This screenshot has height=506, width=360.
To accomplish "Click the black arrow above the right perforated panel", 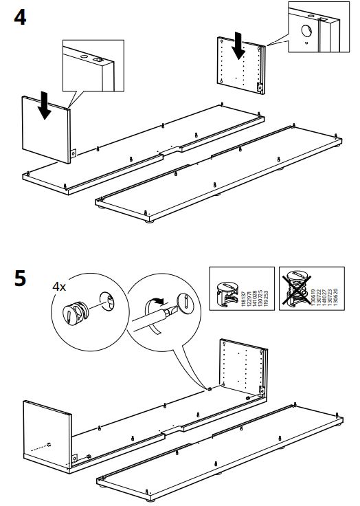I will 238,45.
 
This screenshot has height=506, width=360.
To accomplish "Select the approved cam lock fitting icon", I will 227,289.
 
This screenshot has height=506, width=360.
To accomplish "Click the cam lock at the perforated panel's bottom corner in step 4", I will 259,87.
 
